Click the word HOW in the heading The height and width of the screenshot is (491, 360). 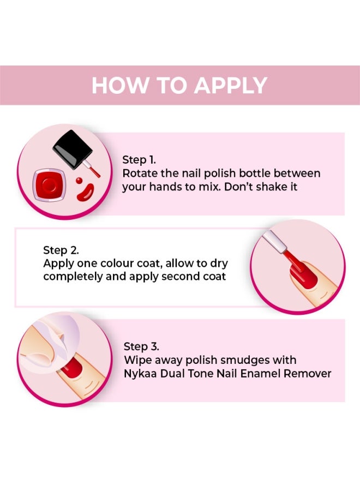click(115, 86)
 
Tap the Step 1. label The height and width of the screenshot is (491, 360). click(139, 160)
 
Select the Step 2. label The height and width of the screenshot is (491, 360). click(61, 250)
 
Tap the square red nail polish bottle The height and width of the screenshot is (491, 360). click(50, 185)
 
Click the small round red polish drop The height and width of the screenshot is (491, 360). click(79, 180)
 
